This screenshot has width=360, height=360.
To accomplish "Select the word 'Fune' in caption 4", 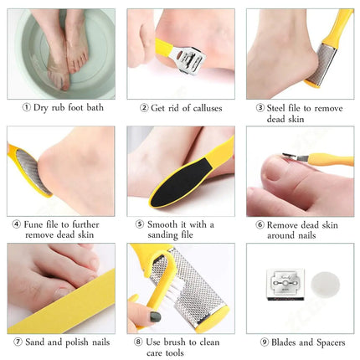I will pos(33,224).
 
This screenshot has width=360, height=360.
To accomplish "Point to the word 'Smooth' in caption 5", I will pos(163,224).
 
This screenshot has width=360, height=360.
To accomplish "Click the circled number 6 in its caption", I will pos(260,224).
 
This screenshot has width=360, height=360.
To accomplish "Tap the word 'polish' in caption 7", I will pos(75,342).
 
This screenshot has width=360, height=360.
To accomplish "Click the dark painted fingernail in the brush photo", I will pos(156,316).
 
